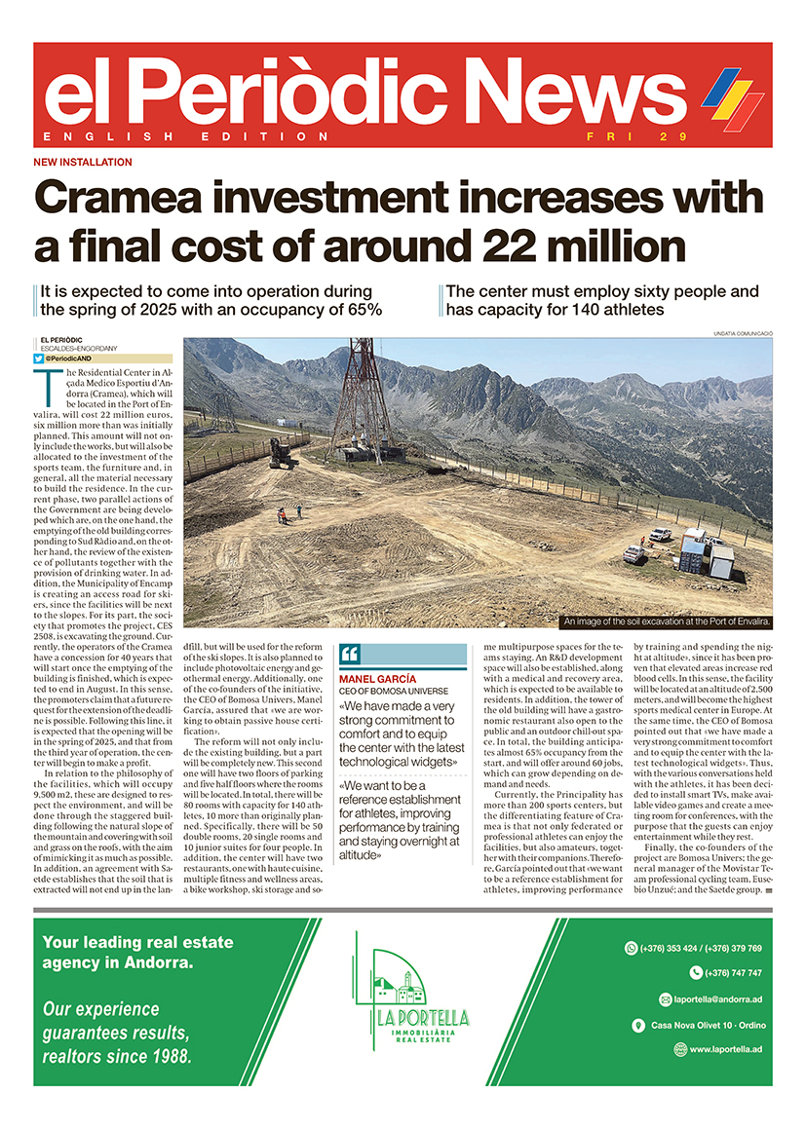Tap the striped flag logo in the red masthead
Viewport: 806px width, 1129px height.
click(733, 97)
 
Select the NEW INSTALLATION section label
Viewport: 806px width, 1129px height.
click(83, 163)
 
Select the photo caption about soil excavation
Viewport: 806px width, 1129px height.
click(667, 621)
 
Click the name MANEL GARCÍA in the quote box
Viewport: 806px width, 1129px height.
click(377, 679)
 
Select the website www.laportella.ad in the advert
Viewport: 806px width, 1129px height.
click(725, 1049)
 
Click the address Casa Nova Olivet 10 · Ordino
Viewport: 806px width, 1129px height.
click(706, 1025)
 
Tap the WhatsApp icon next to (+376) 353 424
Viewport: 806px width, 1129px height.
click(630, 948)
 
